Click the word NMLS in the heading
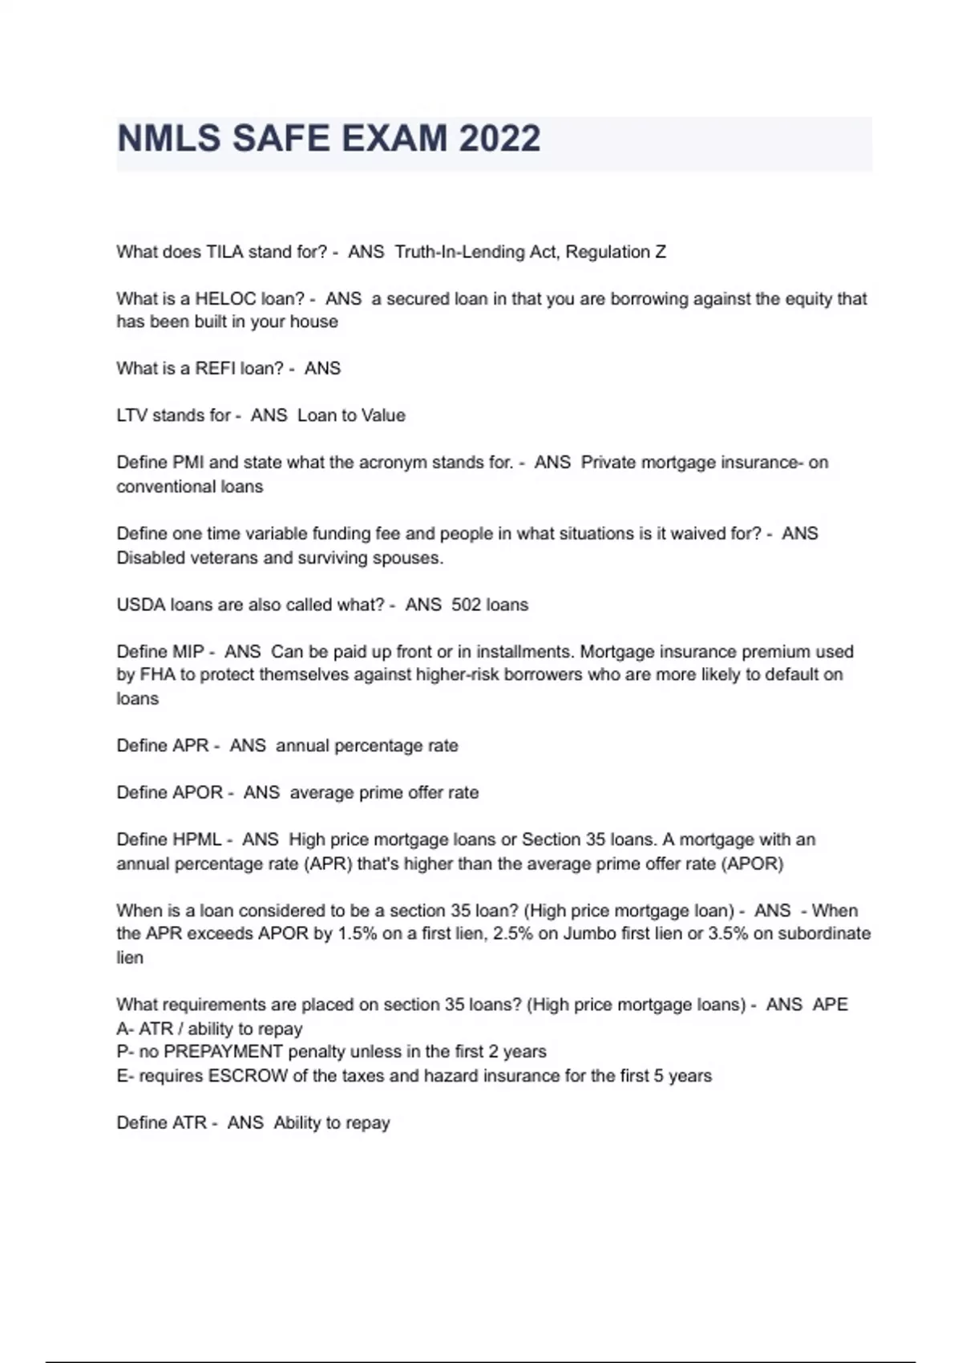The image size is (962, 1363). point(169,139)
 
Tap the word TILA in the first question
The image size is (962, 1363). point(224,252)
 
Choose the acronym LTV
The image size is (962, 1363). point(132,415)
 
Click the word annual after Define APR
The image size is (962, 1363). point(302,746)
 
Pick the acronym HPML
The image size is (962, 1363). point(196,839)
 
